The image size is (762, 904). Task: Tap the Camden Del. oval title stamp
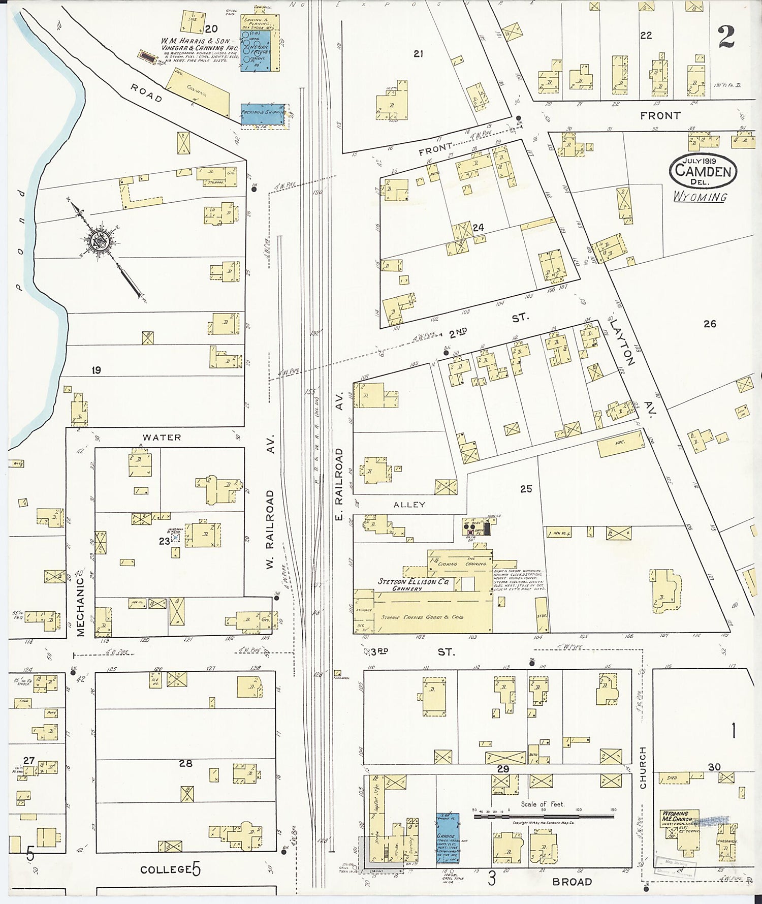point(703,171)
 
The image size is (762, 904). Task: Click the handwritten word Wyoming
point(700,197)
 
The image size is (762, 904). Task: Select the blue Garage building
point(448,838)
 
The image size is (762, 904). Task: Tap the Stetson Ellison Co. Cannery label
point(412,584)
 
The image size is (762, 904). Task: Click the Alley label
point(409,505)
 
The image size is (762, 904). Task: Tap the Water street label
point(162,437)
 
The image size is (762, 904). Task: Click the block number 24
point(478,228)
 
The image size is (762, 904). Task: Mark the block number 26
point(710,323)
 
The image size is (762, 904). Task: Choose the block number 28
point(185,763)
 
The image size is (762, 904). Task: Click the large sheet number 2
point(726,37)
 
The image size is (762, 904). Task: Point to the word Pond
point(19,239)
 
